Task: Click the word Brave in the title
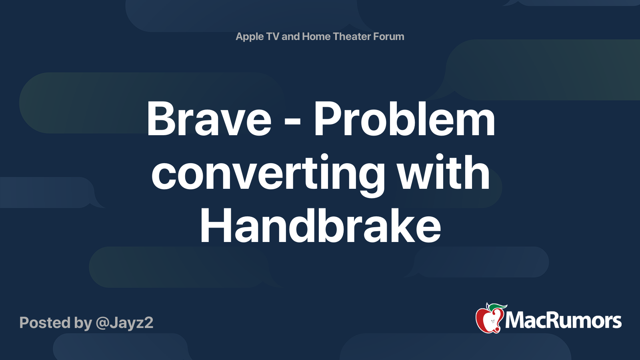209,119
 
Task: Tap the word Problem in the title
404,119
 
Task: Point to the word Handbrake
320,227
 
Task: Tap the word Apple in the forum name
250,37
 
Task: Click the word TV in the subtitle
273,36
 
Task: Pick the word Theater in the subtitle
352,36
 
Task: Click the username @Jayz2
124,323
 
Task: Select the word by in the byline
83,323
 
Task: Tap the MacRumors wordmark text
563,320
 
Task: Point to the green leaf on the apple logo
497,307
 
